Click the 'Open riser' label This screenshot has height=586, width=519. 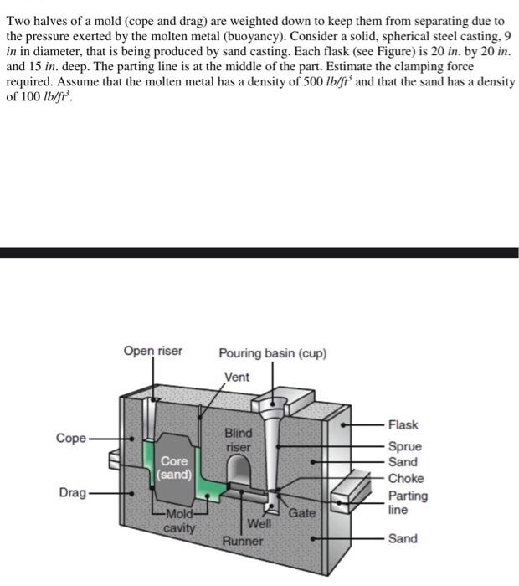coord(152,351)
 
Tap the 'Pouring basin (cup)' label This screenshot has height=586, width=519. coord(273,353)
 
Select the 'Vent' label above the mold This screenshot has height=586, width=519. coord(237,378)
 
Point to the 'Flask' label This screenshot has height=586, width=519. coord(403,425)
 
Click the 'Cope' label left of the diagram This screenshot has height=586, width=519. coord(70,438)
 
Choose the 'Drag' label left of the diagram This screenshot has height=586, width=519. coord(72,493)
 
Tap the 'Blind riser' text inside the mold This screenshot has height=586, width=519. coord(238,440)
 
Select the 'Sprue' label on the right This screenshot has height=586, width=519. coord(405,447)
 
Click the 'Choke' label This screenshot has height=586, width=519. coord(406,479)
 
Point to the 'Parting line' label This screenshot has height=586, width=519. coord(408,501)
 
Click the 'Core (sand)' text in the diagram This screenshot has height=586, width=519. coord(174,468)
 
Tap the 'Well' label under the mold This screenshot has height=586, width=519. coord(259,524)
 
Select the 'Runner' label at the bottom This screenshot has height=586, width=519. coord(243,542)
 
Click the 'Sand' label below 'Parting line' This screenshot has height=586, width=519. coord(403,538)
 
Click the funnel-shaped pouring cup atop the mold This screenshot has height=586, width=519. coord(277,404)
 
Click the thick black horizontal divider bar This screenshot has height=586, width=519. coord(259,252)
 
